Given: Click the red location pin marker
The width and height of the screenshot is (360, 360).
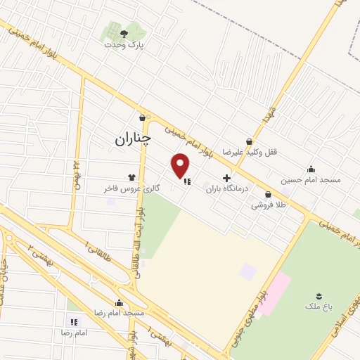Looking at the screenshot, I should coord(181,165).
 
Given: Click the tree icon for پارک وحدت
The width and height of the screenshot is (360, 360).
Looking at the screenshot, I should coord(124,33).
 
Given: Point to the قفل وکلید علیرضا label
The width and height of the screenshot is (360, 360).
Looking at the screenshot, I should coord(244,152).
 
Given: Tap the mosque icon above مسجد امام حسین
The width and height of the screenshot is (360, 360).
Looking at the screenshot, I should coord(311,169).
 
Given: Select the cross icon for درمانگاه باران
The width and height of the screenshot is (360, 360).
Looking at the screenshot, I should coord(226,179).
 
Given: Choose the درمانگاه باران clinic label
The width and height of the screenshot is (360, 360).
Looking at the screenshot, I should coord(226,190).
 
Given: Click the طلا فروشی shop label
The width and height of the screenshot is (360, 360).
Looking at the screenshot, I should coord(267,206).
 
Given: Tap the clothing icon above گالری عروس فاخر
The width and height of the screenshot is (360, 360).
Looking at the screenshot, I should coord(131,177).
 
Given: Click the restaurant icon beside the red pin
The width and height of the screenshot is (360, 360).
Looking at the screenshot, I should coord(187,181).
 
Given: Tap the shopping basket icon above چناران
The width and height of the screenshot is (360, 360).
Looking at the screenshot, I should coord(143,117).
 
